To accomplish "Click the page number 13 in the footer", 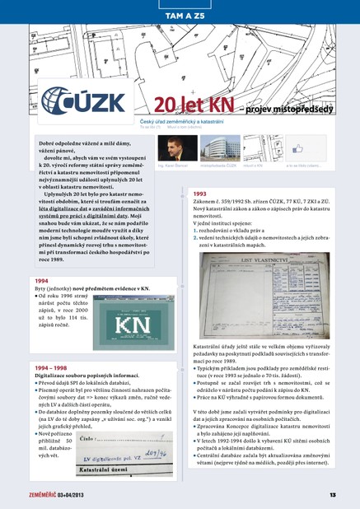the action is tap(332, 494).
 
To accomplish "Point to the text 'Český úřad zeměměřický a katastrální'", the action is tap(194, 122).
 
